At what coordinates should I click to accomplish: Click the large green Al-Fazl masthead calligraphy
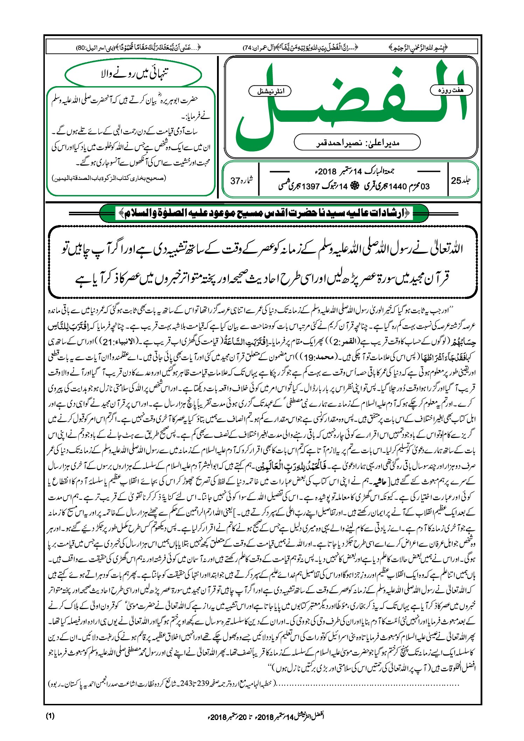point(350,105)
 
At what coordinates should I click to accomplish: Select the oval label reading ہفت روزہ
point(451,90)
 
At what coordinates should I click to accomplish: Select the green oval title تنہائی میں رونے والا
point(133,74)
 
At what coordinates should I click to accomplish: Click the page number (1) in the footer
point(50,716)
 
